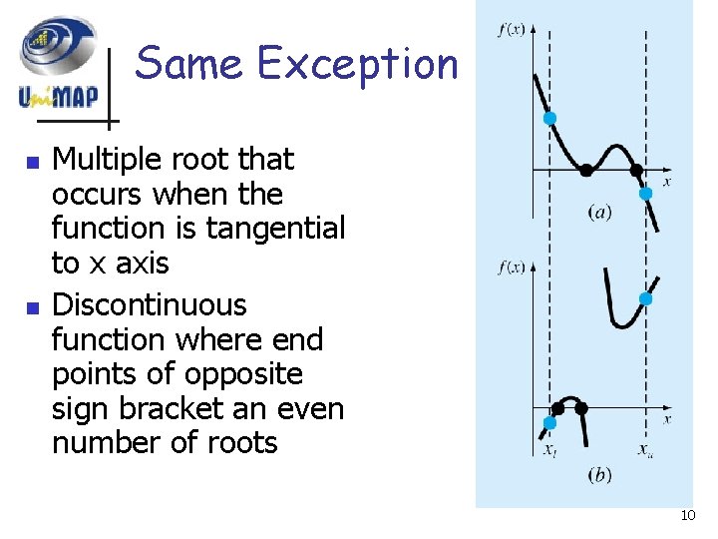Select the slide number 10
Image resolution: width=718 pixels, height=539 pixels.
[687, 515]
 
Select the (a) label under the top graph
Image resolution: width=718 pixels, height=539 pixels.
[599, 212]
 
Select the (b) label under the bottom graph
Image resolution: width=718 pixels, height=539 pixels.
[599, 475]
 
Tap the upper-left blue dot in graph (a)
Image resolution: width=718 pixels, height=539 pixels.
[549, 119]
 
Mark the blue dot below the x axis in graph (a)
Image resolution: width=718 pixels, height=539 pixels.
[645, 194]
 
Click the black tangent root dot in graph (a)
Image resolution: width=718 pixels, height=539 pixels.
[586, 171]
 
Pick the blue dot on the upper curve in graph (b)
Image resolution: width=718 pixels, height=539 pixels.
[645, 298]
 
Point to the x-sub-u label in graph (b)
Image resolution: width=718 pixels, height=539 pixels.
[646, 450]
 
